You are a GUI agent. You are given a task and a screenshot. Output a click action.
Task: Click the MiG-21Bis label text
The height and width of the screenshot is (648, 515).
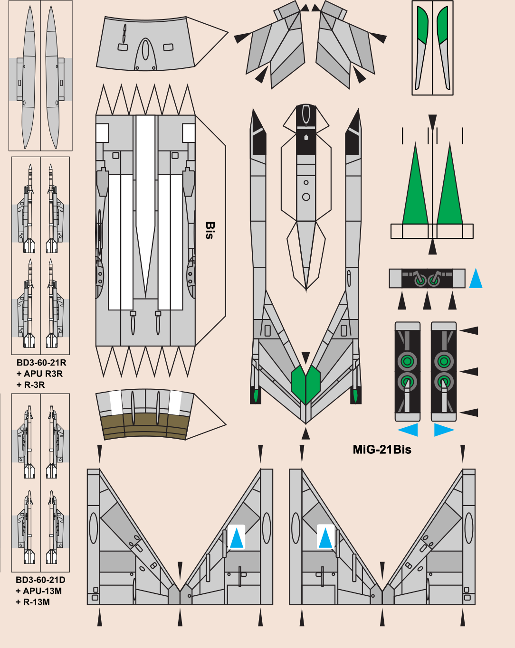pos(382,450)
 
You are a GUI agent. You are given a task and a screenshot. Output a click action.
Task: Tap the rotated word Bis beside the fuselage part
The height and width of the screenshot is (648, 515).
pos(210,230)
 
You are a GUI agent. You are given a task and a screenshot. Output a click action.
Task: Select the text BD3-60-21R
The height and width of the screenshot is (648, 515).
pos(41,363)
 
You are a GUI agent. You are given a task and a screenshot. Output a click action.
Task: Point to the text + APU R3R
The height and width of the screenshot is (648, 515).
pos(39,374)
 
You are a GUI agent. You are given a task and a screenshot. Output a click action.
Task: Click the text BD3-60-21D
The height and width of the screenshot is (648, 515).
pos(40,580)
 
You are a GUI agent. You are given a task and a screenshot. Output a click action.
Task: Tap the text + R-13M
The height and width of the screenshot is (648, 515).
pos(33,602)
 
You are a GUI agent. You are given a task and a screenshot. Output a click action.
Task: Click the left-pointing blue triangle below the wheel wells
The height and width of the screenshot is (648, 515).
pos(409,430)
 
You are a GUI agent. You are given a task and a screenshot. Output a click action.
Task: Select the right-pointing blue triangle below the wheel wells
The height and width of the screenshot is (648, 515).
pos(443,430)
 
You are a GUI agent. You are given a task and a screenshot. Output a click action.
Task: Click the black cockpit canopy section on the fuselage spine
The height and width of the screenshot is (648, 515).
pos(306,128)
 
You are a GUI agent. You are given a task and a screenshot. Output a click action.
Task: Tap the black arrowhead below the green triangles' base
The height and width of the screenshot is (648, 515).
pos(432,247)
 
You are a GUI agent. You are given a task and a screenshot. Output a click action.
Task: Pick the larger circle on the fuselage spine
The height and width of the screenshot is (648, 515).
pos(306,197)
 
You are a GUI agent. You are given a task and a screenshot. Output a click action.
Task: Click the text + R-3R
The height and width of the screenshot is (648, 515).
pos(31,385)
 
